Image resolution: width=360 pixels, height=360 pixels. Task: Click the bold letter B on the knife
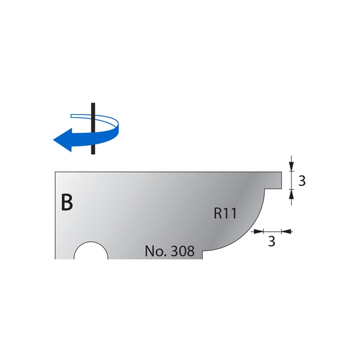[66, 202]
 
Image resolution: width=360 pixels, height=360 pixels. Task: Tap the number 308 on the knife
[182, 251]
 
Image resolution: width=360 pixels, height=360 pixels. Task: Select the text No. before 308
[155, 251]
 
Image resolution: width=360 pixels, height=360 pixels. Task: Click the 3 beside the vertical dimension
[301, 181]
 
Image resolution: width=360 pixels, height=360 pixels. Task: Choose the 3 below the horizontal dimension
[271, 242]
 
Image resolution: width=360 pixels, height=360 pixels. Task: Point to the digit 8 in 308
[190, 251]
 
